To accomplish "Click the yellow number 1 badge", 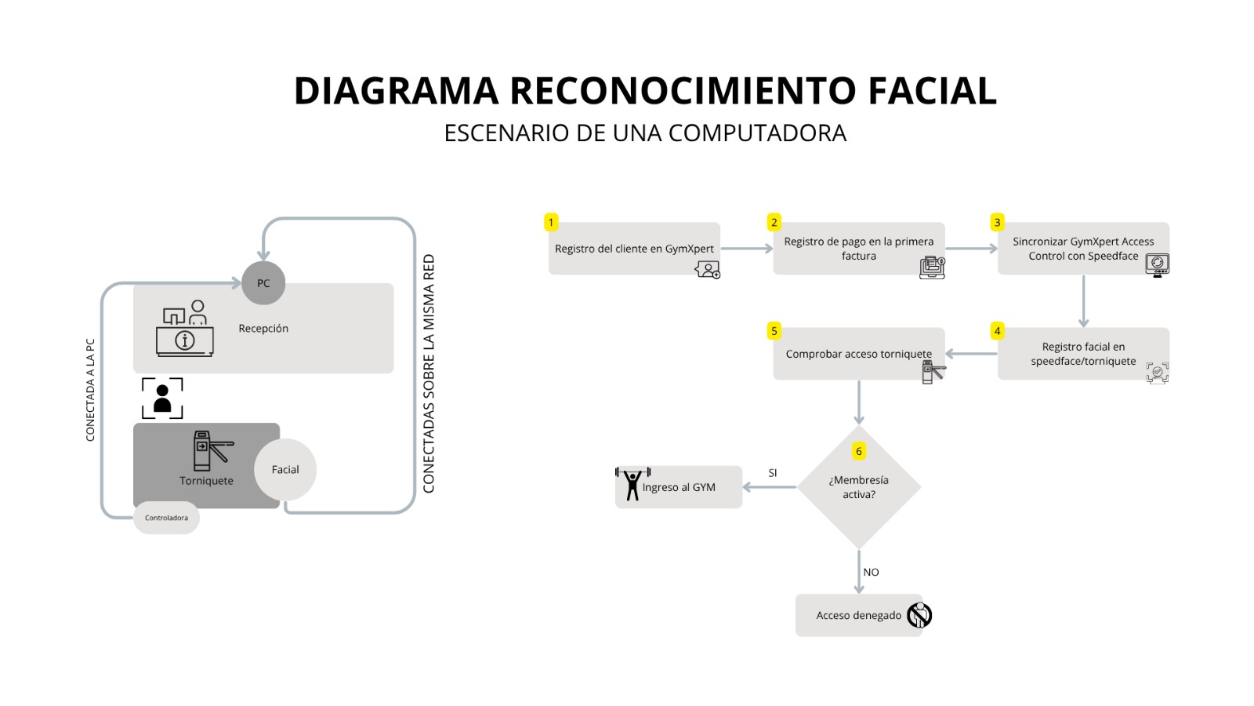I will point(551,223).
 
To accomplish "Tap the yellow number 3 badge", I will point(997,223).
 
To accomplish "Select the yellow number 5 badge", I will point(774,331).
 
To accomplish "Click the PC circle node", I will point(263,283).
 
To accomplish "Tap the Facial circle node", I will point(285,470).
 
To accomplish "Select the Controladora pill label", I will point(166,518).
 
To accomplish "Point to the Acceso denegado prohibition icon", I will point(919,615).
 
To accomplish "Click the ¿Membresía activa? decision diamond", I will point(859,487).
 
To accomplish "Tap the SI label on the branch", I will point(773,473).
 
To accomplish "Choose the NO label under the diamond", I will point(871,573).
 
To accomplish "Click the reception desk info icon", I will point(185,330).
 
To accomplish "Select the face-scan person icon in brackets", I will point(162,398).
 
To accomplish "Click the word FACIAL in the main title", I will point(932,91).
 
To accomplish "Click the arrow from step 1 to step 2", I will point(746,249).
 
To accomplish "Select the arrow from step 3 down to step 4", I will point(1083,301).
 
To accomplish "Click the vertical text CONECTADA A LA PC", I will point(90,390).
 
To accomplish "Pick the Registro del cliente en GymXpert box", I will point(634,249).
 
